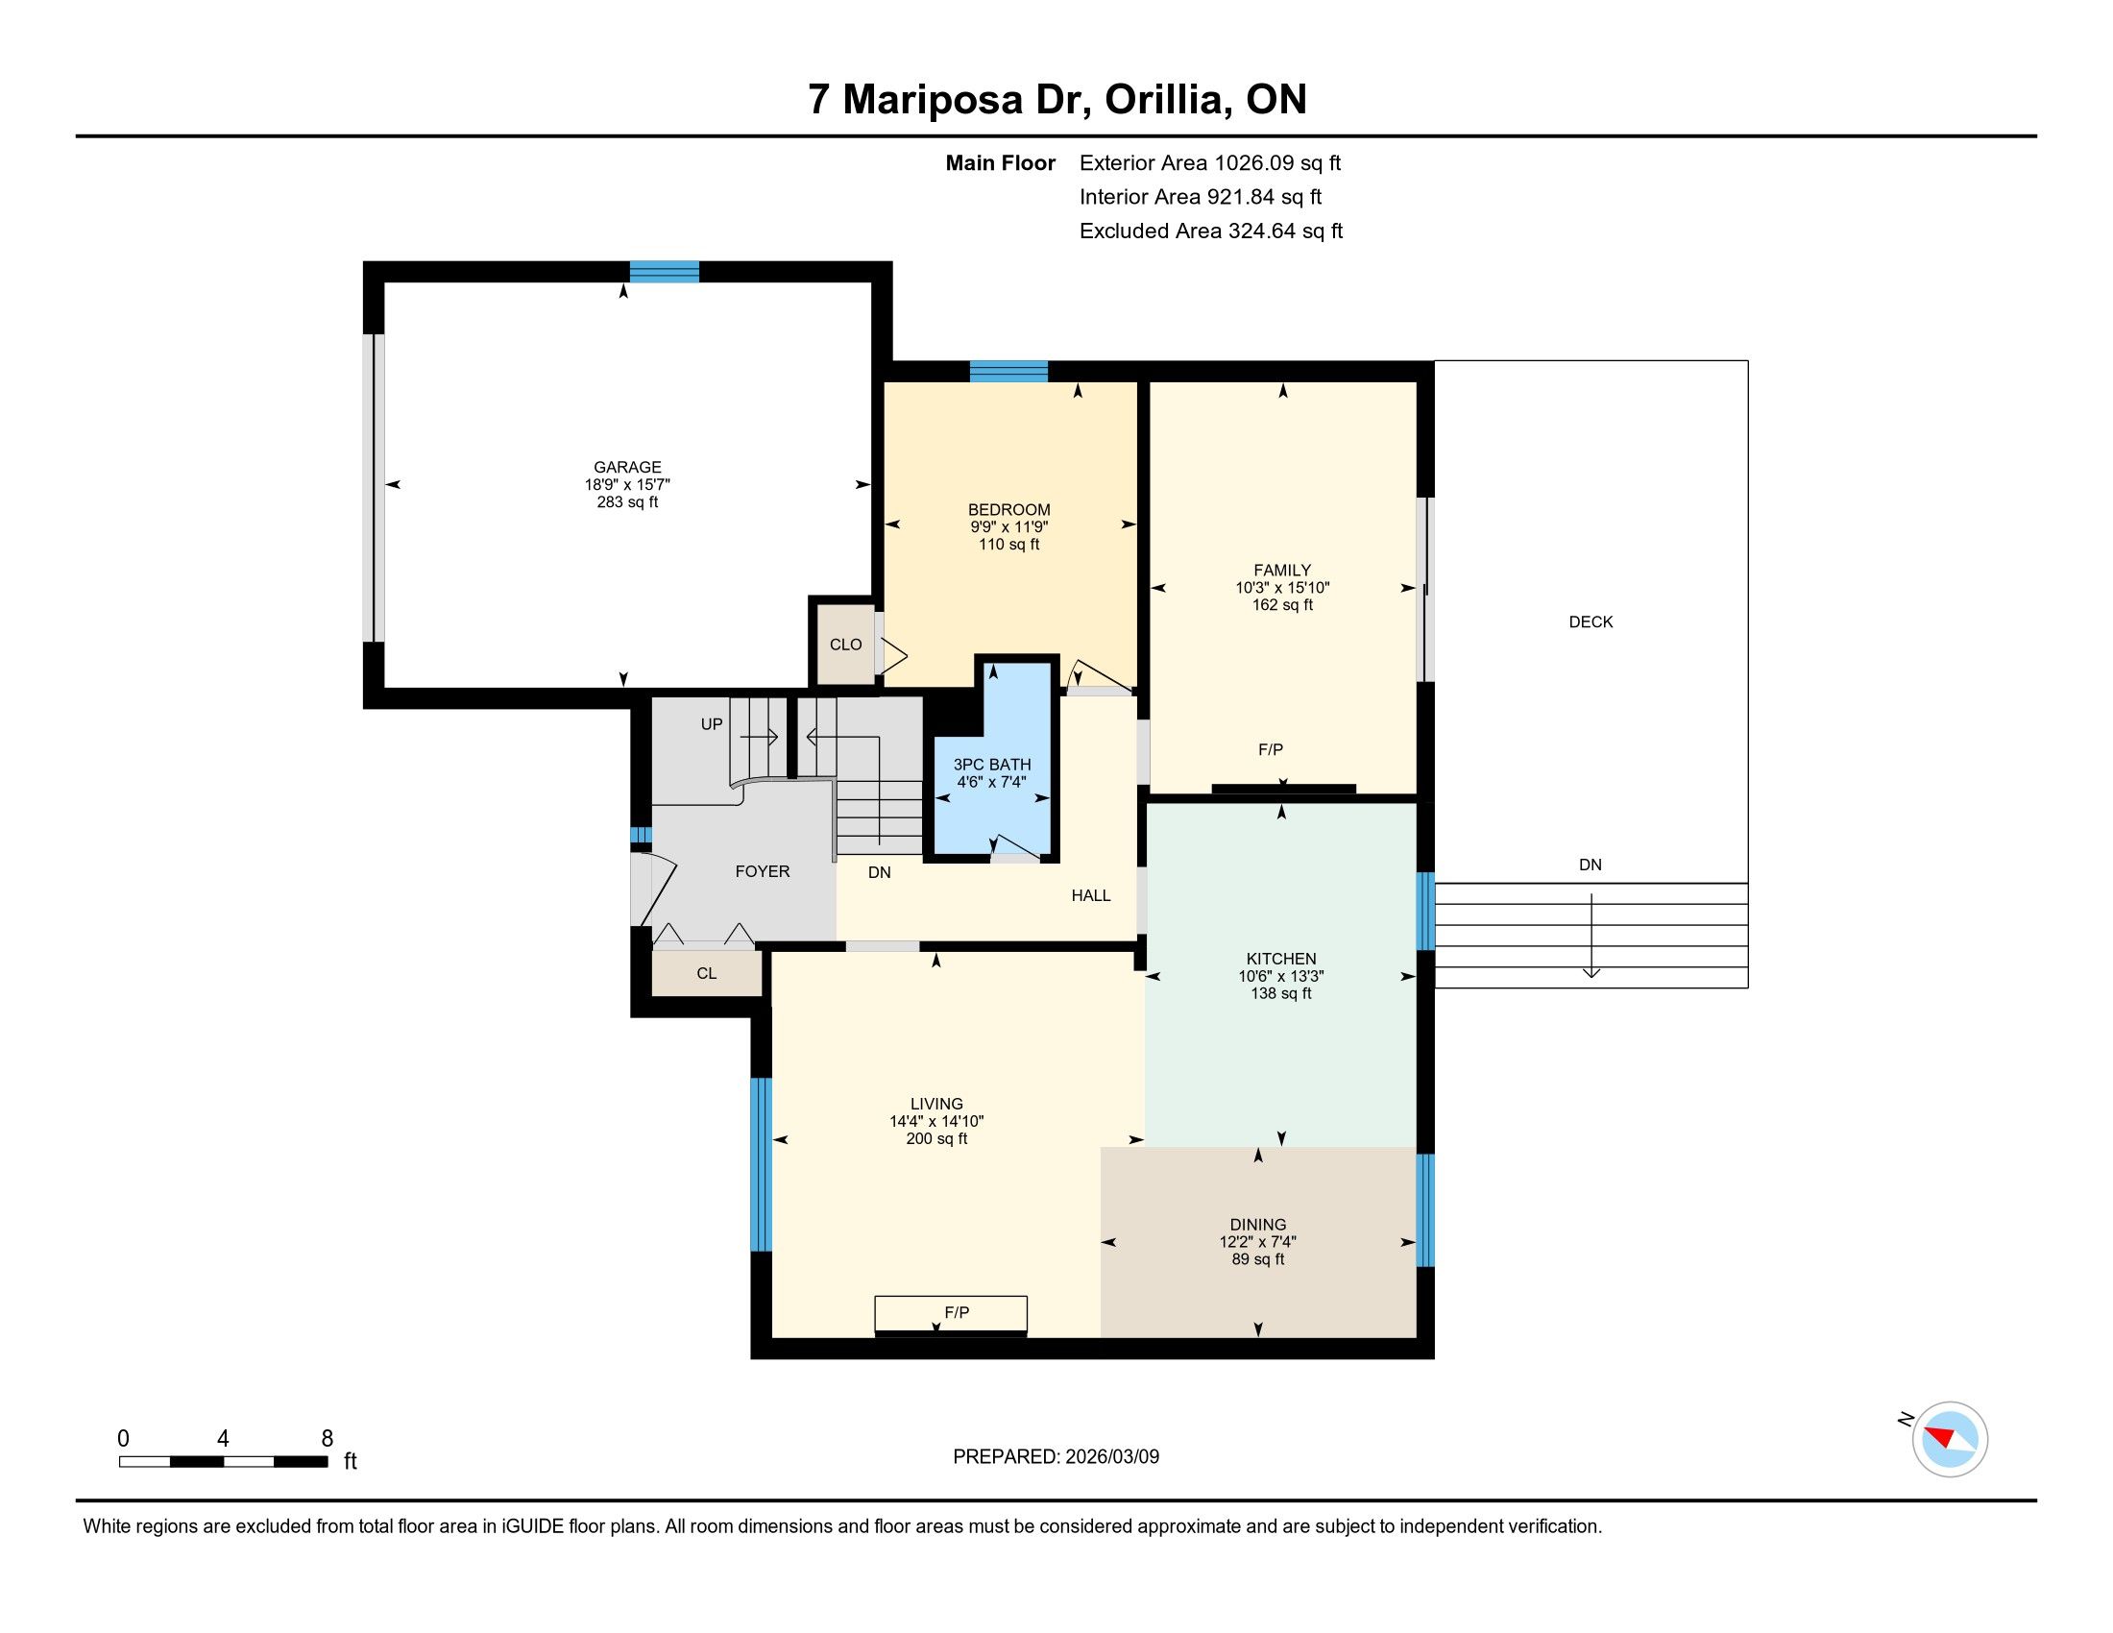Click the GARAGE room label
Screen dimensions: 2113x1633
627,467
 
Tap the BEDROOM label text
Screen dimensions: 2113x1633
1009,510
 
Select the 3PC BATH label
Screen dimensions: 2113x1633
992,765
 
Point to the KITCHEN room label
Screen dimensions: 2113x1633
1281,959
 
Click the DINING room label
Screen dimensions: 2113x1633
1258,1225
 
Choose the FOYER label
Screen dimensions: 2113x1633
763,871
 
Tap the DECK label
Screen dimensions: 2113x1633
1591,622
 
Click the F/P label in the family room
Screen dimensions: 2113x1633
1271,750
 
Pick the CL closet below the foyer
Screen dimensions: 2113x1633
706,973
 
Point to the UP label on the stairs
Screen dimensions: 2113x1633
711,724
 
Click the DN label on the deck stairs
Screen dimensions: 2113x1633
1590,865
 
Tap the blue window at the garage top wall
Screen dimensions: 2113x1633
665,272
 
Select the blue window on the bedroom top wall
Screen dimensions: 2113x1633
1009,372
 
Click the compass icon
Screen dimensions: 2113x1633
1950,1440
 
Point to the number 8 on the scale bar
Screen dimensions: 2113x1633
327,1439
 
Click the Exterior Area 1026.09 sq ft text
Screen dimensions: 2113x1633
1210,163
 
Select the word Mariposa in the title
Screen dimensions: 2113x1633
933,100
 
